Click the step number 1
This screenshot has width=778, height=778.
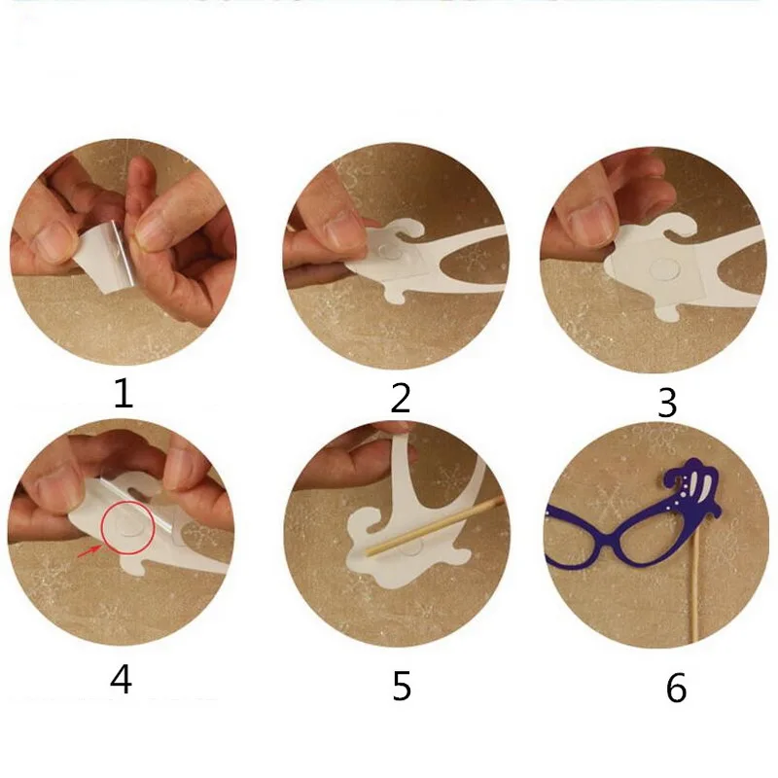click(124, 393)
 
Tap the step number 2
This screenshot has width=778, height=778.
click(401, 398)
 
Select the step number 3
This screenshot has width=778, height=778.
click(667, 403)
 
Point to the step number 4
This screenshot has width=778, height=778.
click(121, 679)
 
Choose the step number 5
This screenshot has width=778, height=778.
click(402, 686)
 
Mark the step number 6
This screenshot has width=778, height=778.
click(676, 688)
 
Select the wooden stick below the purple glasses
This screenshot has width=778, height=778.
click(697, 585)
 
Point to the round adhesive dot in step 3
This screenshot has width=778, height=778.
click(664, 268)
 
